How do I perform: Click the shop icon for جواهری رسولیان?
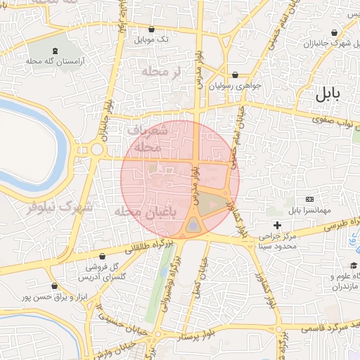point(235,75)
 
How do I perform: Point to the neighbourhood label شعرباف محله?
point(148,139)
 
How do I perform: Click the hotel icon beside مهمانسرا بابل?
point(310,200)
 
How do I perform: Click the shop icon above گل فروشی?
point(104,257)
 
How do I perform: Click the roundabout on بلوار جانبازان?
point(96,149)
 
